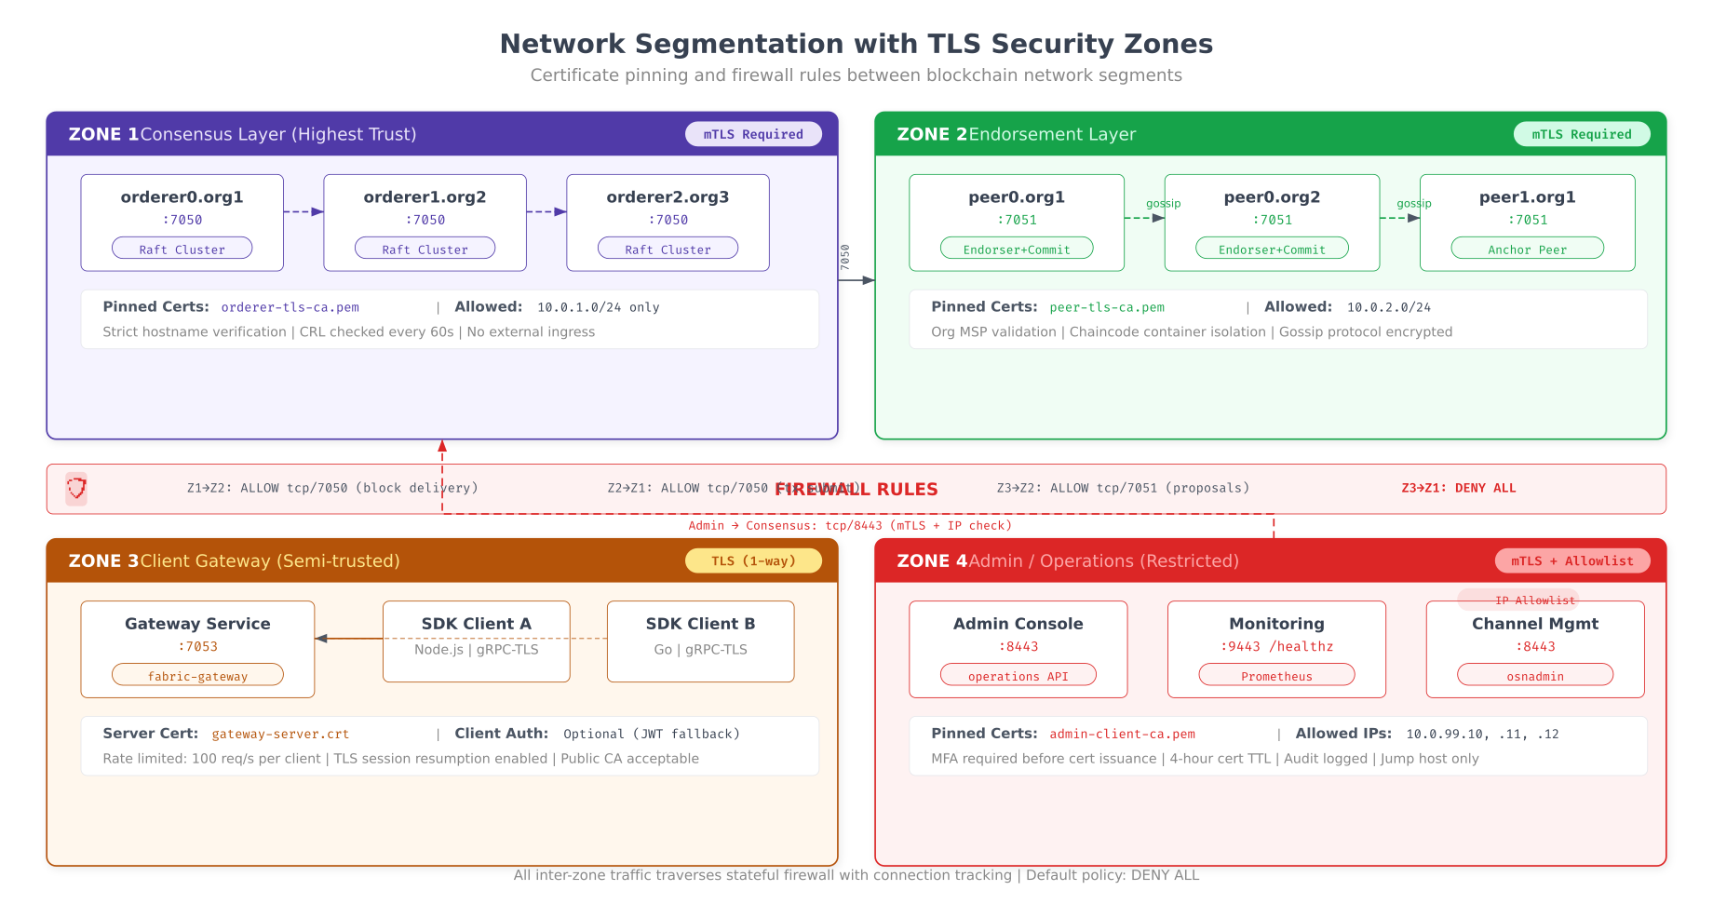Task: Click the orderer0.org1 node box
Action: (x=182, y=222)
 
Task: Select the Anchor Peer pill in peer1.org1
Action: (x=1527, y=249)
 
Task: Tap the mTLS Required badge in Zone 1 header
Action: (x=753, y=134)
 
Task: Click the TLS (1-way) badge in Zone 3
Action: (x=753, y=560)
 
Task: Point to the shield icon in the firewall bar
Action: (x=76, y=488)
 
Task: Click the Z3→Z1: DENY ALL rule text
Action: (x=1458, y=488)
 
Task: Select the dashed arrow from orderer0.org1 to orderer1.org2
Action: (x=303, y=211)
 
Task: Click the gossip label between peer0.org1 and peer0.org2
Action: (x=1163, y=203)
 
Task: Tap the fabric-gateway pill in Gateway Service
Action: (x=197, y=676)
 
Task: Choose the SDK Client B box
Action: (x=700, y=641)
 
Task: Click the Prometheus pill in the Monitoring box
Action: (x=1276, y=676)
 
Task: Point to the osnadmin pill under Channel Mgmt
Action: (x=1534, y=676)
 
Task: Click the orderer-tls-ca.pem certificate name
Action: (x=290, y=307)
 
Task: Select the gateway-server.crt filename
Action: (x=280, y=734)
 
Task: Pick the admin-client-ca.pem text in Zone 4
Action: (x=1122, y=734)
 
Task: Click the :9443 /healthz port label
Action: (x=1276, y=646)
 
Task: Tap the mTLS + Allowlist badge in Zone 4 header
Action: (x=1571, y=560)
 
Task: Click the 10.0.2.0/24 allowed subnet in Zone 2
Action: (x=1388, y=307)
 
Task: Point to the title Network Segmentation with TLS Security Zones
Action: (x=856, y=44)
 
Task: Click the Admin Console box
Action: (x=1018, y=648)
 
